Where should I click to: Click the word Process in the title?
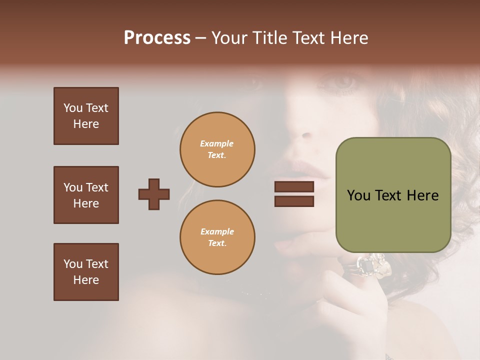pos(157,38)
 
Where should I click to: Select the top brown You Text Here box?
pos(86,116)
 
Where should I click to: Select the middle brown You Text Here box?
pos(86,195)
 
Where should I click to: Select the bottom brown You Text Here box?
pos(86,272)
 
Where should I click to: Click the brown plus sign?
pos(154,194)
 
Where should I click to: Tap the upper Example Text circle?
pos(217,149)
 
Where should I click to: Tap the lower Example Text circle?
pos(217,237)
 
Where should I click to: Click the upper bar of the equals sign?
pos(294,186)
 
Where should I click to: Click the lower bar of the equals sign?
pos(294,201)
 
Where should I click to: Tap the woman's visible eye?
pos(344,81)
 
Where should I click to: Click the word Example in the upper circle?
pos(217,143)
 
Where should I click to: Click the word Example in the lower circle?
pos(217,231)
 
